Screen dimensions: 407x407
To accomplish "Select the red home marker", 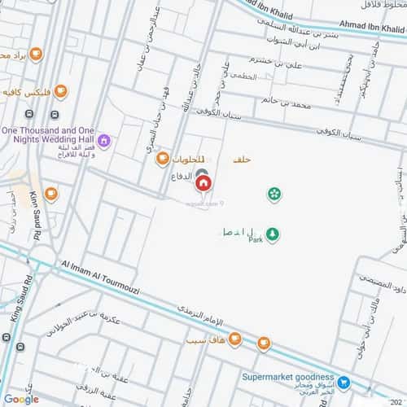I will click(202, 183).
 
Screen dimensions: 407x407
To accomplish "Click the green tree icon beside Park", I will click(273, 234).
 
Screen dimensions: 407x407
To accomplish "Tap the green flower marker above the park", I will click(274, 194).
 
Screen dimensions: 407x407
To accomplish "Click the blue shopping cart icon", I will click(344, 381).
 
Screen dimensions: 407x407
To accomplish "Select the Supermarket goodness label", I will click(288, 378).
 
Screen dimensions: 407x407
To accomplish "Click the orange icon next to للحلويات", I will click(163, 158).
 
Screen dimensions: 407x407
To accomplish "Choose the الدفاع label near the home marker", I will click(181, 176).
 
